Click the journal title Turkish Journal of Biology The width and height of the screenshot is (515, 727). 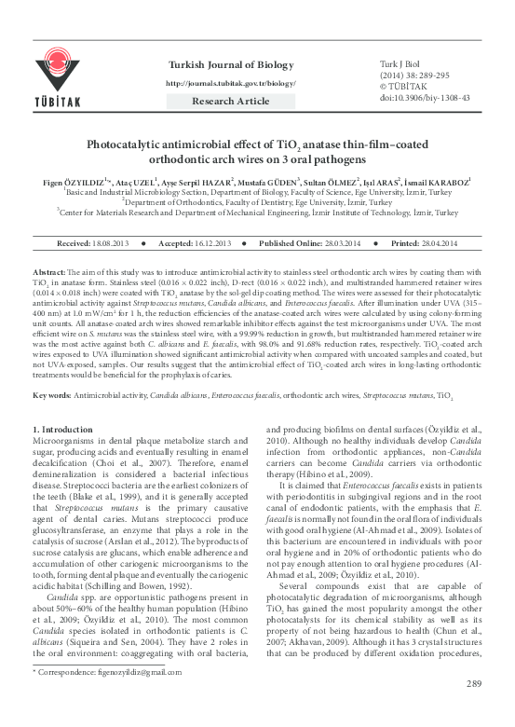230,63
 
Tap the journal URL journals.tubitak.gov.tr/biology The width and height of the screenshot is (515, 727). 230,83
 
